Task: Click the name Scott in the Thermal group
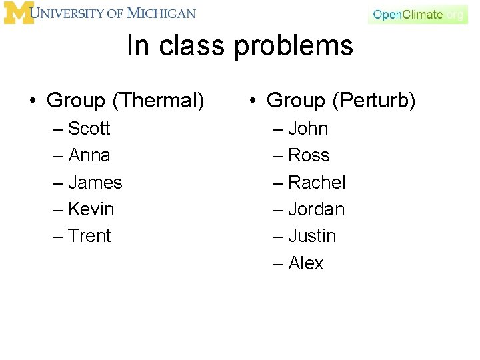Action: (89, 128)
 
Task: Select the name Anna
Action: (89, 155)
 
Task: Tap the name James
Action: (95, 182)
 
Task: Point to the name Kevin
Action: (91, 209)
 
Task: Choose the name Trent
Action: (90, 236)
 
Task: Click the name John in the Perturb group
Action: (308, 128)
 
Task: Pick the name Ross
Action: (309, 155)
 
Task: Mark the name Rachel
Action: (317, 182)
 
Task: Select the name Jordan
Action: (317, 209)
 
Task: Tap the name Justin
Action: (312, 236)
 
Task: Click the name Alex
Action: (306, 263)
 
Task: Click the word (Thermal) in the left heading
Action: (158, 101)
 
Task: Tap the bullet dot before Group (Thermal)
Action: (32, 101)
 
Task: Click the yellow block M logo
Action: (18, 13)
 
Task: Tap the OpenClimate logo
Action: (417, 14)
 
